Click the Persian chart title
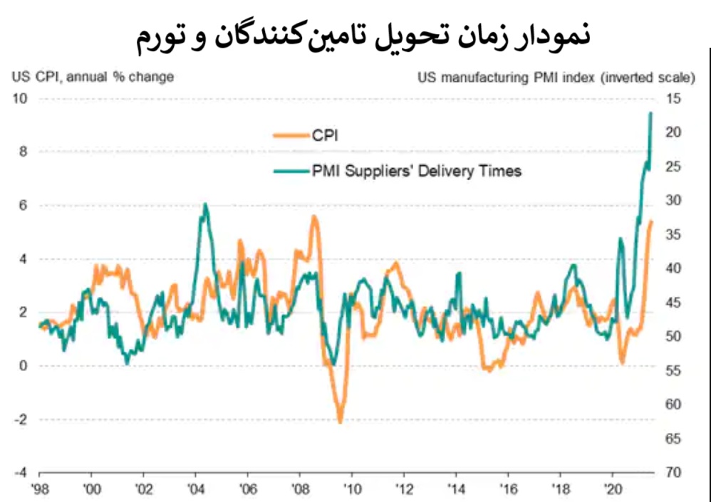click(363, 37)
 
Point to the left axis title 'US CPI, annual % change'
click(93, 75)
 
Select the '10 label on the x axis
click(351, 490)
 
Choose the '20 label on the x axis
click(611, 490)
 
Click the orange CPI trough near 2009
click(341, 422)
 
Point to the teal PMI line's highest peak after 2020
click(650, 113)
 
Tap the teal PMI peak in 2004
click(205, 204)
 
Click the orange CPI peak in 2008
click(313, 216)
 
